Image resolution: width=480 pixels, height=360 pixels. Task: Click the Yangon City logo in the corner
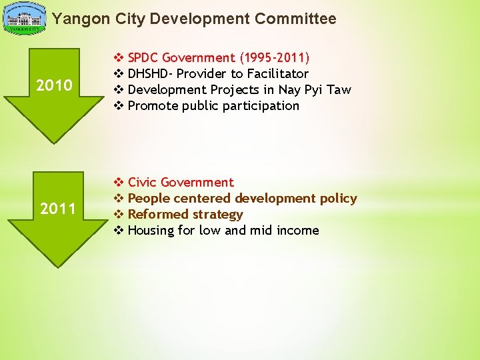25,19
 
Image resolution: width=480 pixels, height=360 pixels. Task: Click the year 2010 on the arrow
55,85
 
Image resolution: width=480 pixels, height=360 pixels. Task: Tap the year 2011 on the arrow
58,209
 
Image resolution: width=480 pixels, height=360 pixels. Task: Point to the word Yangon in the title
75,19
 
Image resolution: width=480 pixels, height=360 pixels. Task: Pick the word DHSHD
147,73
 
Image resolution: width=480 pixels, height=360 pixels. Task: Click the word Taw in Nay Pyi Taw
338,89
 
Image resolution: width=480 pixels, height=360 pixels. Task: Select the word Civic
142,182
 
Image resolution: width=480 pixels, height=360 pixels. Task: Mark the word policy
338,198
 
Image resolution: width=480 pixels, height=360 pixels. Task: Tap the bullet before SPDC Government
119,57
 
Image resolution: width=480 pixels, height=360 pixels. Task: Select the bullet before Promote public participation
119,105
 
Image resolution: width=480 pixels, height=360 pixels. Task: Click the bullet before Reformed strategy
119,214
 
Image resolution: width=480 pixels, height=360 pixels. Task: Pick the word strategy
217,214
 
